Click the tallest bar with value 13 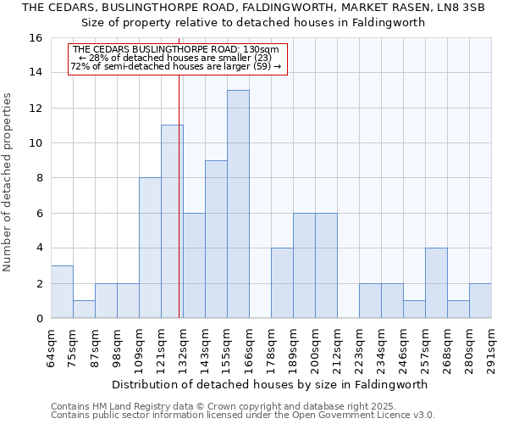[x=238, y=204]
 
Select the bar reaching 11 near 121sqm [x=172, y=221]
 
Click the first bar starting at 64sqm [x=62, y=292]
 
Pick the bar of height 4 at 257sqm [x=436, y=283]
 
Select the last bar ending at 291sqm [x=480, y=301]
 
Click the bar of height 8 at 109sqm [x=150, y=248]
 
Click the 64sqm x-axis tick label [x=52, y=346]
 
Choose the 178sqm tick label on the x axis [x=272, y=346]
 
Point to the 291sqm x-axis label [x=492, y=346]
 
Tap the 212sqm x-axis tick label [x=338, y=346]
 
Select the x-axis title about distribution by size [x=270, y=384]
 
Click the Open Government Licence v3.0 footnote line [x=243, y=416]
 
